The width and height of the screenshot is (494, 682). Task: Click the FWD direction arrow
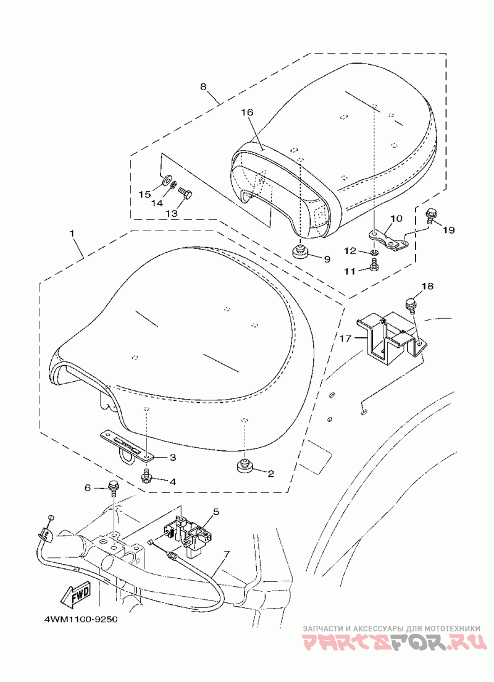(x=76, y=595)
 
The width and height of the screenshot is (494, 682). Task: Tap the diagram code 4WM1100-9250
(x=80, y=619)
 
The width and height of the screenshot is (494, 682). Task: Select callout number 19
(x=449, y=230)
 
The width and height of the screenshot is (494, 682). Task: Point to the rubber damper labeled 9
(x=299, y=251)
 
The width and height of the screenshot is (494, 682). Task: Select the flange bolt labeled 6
(x=112, y=487)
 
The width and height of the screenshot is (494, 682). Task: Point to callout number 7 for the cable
(x=226, y=554)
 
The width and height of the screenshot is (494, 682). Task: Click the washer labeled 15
(x=167, y=180)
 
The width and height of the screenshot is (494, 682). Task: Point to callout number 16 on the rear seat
(x=247, y=112)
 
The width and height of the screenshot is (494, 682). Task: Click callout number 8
(x=203, y=86)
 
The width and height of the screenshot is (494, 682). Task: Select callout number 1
(x=72, y=234)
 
